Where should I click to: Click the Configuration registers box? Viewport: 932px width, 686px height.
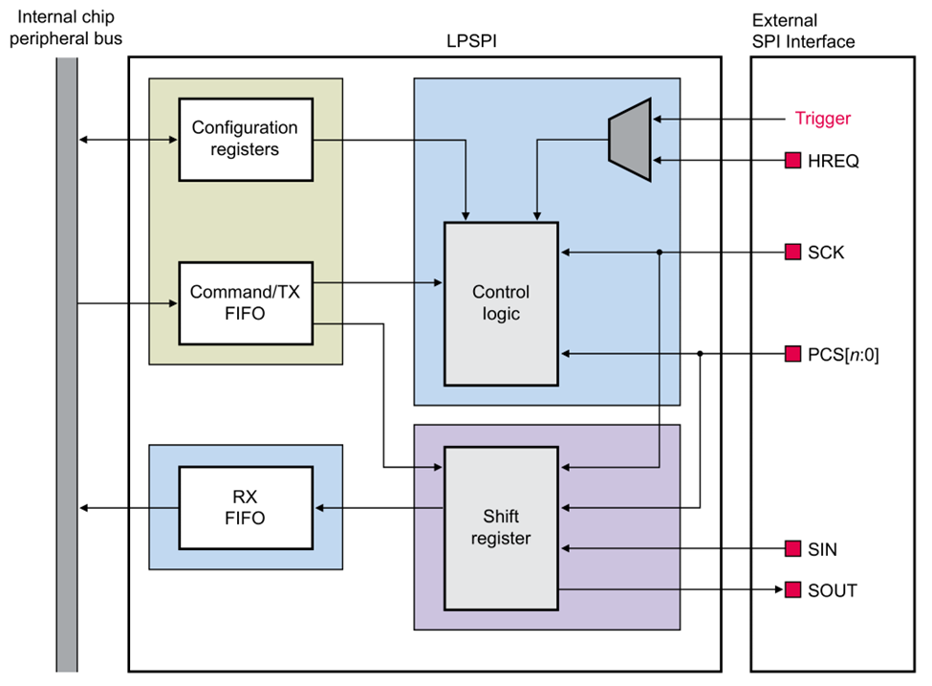coord(246,139)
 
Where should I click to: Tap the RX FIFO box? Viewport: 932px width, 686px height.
coord(246,507)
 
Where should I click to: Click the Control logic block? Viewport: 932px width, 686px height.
coord(501,303)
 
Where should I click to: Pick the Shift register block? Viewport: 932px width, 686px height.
coord(501,527)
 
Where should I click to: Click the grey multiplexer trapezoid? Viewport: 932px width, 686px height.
coord(630,140)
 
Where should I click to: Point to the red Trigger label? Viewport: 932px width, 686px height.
coord(822,119)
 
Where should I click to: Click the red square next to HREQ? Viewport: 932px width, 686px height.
coord(791,161)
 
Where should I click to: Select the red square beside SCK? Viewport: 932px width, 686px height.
coord(791,252)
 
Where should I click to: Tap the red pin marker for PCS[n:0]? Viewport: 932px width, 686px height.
coord(791,353)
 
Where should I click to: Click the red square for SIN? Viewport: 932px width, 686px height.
coord(791,548)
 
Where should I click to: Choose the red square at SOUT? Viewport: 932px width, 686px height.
coord(791,589)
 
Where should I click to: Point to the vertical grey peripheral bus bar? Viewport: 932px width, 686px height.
coord(66,364)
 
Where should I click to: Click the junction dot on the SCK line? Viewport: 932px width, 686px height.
coord(660,252)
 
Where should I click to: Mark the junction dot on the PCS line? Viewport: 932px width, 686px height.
coord(701,353)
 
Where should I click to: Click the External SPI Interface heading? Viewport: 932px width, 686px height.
coord(803,32)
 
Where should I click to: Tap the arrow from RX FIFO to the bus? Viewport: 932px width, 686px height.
coord(129,507)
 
